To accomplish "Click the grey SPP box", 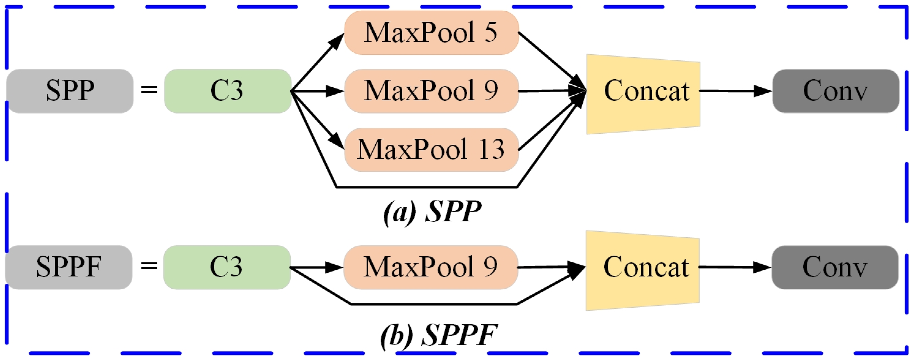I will [70, 91].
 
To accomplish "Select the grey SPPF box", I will [68, 267].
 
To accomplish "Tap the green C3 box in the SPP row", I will [227, 91].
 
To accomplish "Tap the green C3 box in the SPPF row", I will [227, 267].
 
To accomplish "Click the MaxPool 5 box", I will [431, 32].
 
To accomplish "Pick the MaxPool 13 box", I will [431, 149].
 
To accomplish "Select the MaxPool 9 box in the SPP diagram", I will [431, 91].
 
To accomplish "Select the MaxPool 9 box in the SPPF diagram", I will [430, 267].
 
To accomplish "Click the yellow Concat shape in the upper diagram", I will [643, 94].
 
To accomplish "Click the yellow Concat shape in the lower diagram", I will [643, 270].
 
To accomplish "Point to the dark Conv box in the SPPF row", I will [835, 267].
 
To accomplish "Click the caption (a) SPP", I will [432, 212].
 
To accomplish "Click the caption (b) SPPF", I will [439, 335].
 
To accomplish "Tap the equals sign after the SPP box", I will [149, 89].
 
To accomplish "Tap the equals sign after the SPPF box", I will [149, 266].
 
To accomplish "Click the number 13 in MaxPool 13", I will [491, 149].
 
